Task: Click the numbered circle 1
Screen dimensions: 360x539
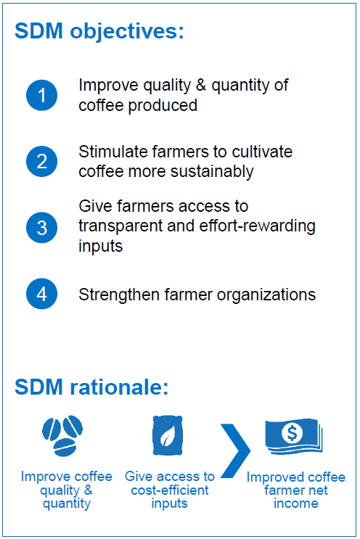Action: pyautogui.click(x=41, y=95)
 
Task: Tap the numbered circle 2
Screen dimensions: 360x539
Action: pyautogui.click(x=41, y=162)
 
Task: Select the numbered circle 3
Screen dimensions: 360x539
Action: pyautogui.click(x=41, y=228)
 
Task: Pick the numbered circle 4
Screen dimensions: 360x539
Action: pyautogui.click(x=41, y=294)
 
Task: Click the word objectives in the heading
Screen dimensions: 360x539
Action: pyautogui.click(x=127, y=32)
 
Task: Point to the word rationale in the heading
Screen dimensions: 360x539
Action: pyautogui.click(x=119, y=387)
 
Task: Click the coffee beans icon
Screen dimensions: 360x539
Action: pyautogui.click(x=62, y=436)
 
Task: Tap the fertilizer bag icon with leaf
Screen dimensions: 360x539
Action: pyautogui.click(x=168, y=435)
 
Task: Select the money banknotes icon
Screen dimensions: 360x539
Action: pyautogui.click(x=294, y=437)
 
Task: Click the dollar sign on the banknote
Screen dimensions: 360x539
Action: pyautogui.click(x=292, y=433)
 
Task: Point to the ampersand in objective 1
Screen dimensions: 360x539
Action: pyautogui.click(x=201, y=86)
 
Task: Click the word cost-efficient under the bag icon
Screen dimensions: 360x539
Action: pyautogui.click(x=170, y=490)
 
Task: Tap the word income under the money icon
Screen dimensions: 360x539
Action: pyautogui.click(x=296, y=503)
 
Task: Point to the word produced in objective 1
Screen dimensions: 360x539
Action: pyautogui.click(x=163, y=105)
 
